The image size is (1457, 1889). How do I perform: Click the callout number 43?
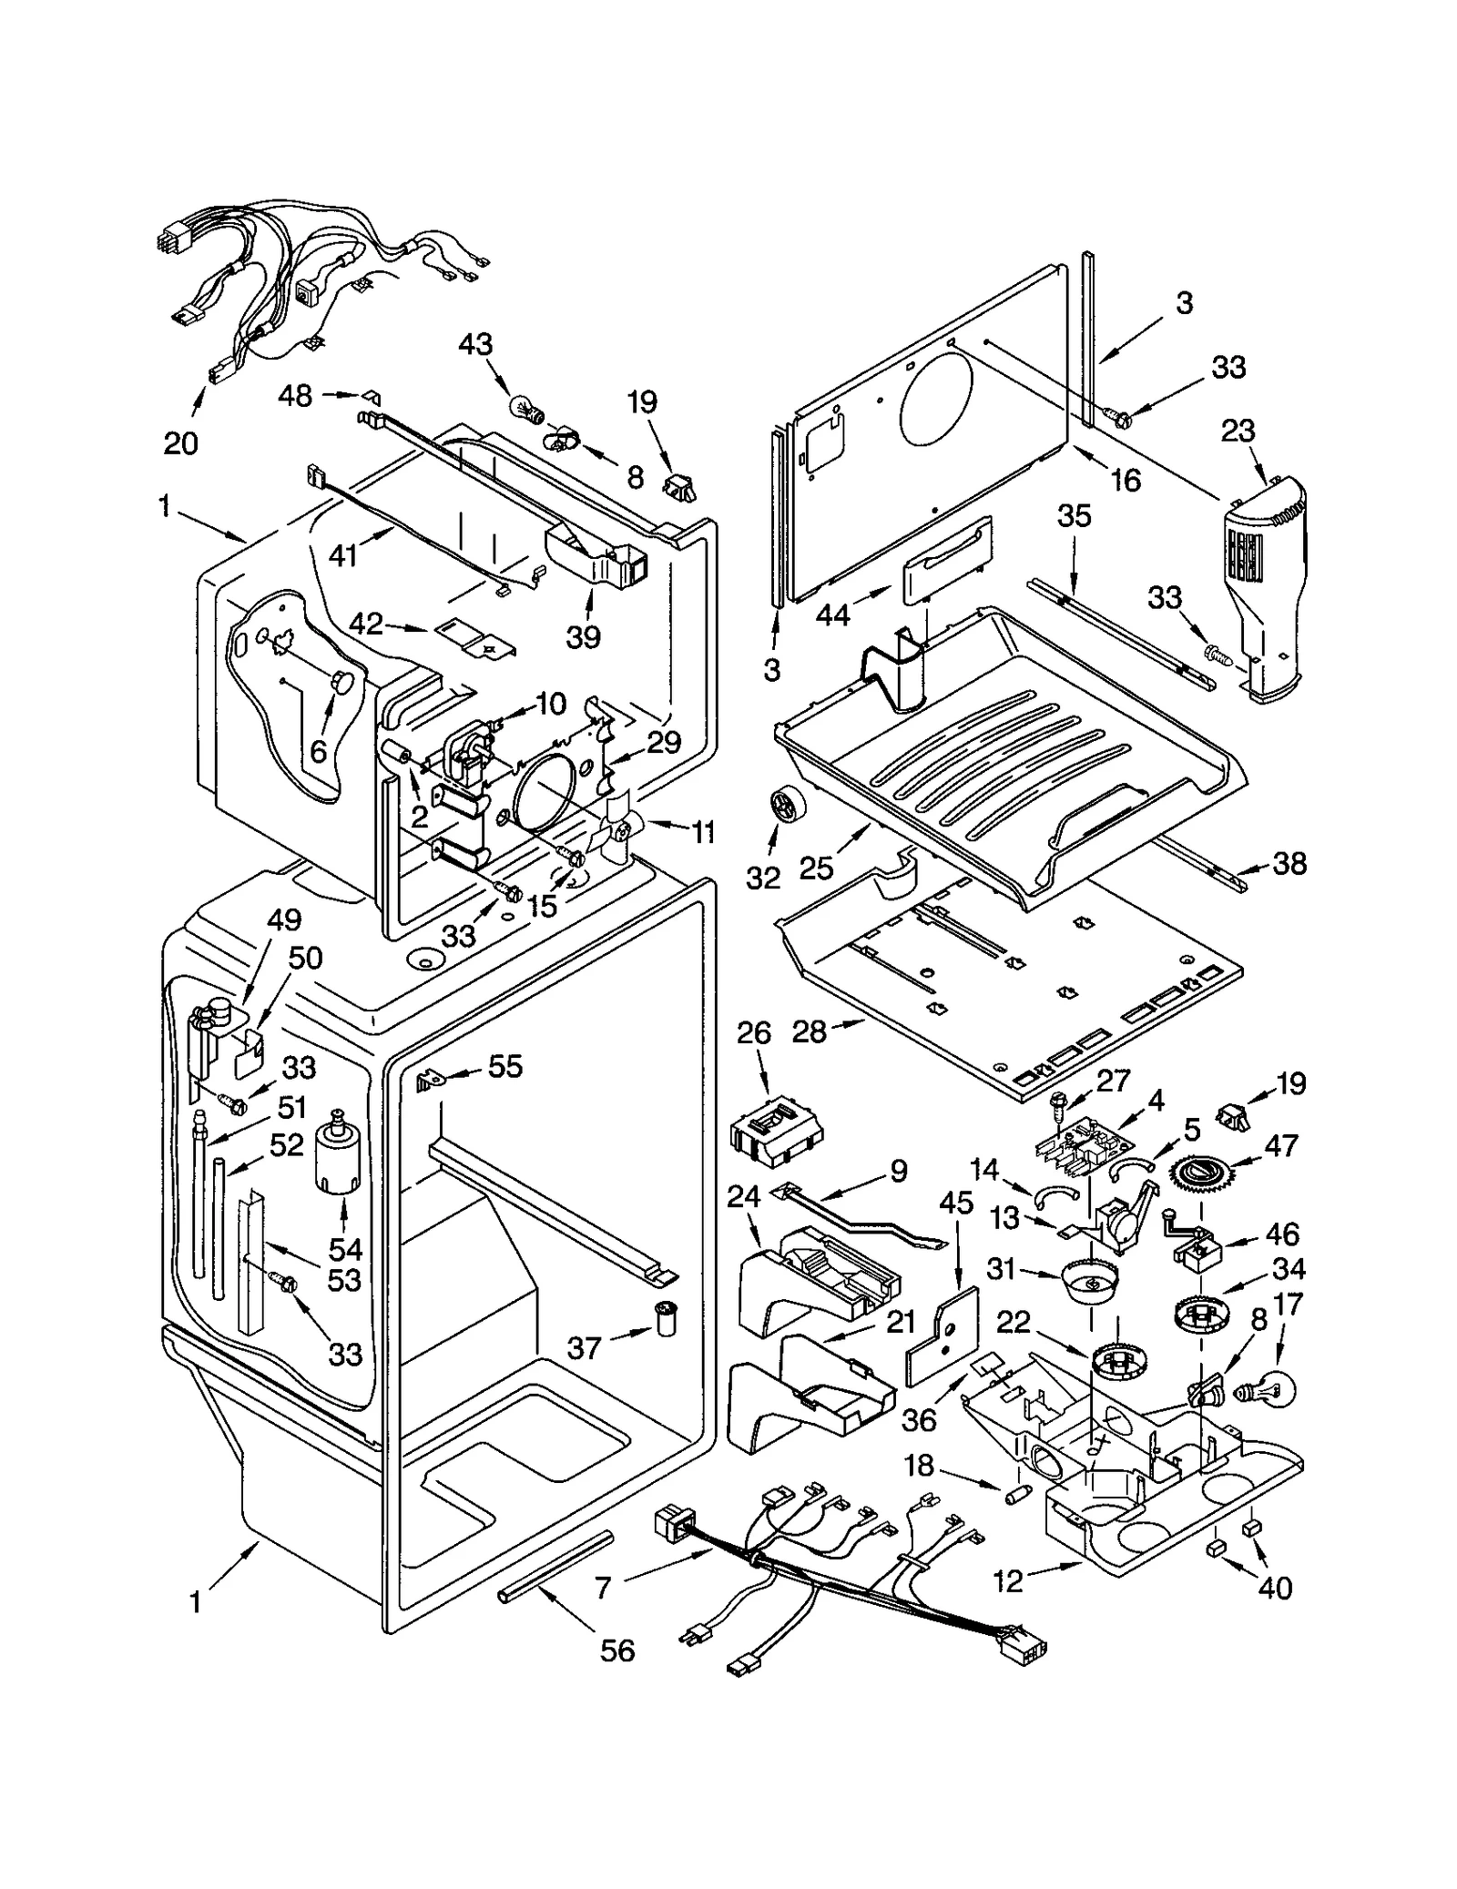click(475, 344)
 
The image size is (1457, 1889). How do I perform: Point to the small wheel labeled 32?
click(784, 807)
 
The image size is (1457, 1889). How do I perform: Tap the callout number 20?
click(181, 443)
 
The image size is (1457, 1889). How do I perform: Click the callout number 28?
click(810, 1031)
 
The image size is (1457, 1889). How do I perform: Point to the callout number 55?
click(505, 1066)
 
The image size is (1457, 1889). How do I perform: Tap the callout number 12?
click(1008, 1581)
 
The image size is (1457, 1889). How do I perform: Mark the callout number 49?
click(284, 919)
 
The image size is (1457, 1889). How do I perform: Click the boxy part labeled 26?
click(776, 1133)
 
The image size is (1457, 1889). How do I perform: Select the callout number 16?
click(1126, 480)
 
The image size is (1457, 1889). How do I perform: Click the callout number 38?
click(1289, 863)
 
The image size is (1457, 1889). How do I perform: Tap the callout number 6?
click(318, 751)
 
